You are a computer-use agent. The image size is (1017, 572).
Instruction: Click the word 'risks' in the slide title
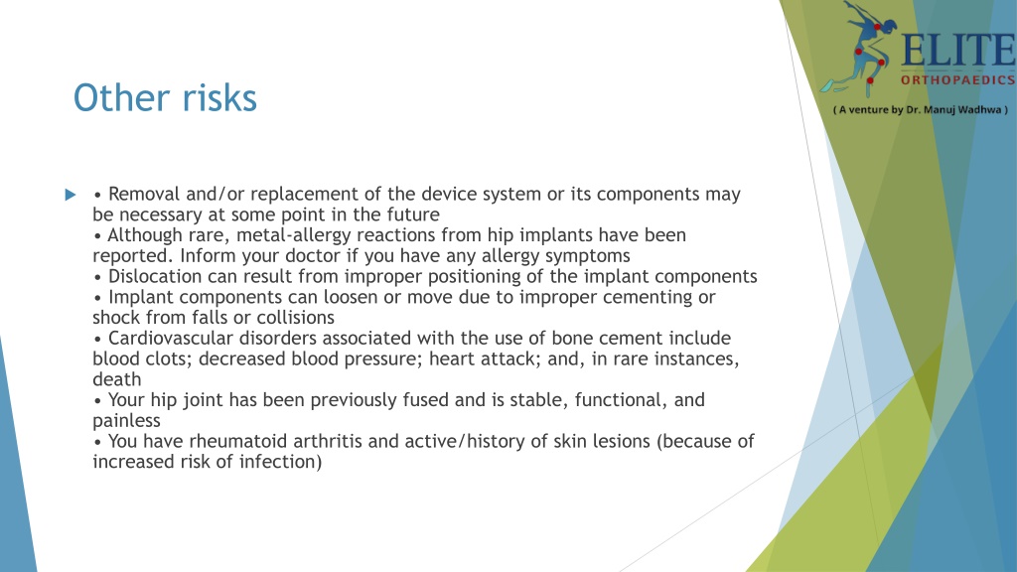[x=219, y=97]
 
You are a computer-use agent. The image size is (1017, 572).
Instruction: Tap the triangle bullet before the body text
[x=70, y=195]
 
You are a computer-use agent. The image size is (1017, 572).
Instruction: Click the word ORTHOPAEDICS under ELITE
[x=957, y=80]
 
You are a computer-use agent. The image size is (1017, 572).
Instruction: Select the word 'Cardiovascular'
[x=167, y=339]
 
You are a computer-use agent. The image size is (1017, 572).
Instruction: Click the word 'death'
[x=116, y=379]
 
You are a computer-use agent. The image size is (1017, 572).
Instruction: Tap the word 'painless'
[x=126, y=421]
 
